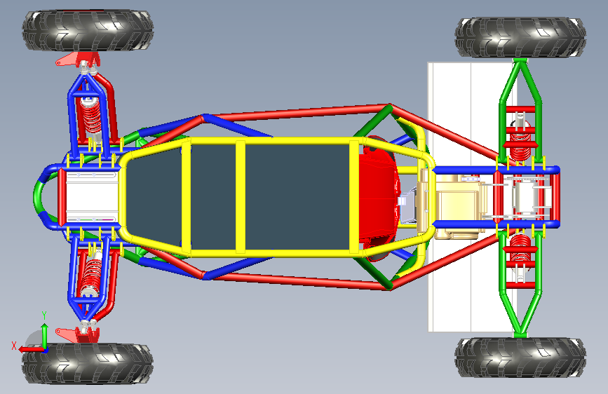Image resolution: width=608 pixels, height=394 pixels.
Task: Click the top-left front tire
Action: point(88,30)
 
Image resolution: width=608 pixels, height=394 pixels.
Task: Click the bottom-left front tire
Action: point(88,363)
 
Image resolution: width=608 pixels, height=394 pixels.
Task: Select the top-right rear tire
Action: point(520,37)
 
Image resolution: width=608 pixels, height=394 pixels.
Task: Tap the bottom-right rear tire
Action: point(520,357)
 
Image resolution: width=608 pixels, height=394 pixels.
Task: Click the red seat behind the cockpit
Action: point(379,198)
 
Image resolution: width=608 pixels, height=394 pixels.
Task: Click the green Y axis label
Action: point(44,315)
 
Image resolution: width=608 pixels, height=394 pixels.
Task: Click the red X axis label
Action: point(14,346)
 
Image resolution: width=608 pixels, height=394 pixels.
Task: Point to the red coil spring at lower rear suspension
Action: point(520,247)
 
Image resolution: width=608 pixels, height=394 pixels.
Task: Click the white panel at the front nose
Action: point(92,197)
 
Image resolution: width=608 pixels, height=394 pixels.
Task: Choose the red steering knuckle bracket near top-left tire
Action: point(78,60)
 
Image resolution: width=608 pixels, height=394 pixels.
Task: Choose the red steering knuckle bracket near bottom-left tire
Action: point(78,334)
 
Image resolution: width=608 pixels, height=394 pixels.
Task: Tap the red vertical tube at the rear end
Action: point(555,196)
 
